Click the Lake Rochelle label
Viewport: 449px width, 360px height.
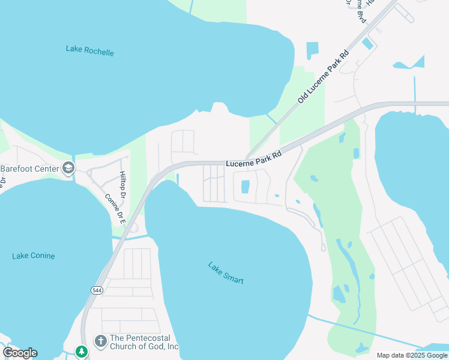coord(89,50)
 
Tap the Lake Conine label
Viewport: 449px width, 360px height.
coord(33,256)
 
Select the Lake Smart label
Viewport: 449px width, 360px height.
coord(226,272)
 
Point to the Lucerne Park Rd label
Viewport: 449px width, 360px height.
coord(253,159)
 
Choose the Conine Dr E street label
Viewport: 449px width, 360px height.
coord(114,208)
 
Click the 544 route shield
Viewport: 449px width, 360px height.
coord(97,290)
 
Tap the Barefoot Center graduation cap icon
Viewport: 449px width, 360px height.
coord(69,168)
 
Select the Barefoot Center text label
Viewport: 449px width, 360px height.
coord(29,169)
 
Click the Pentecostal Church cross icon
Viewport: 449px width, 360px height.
coord(100,340)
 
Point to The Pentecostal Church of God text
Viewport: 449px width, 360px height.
coord(144,343)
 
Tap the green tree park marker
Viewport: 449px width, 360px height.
coord(82,351)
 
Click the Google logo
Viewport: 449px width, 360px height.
coord(20,352)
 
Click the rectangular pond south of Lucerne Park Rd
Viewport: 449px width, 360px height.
coord(245,187)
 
